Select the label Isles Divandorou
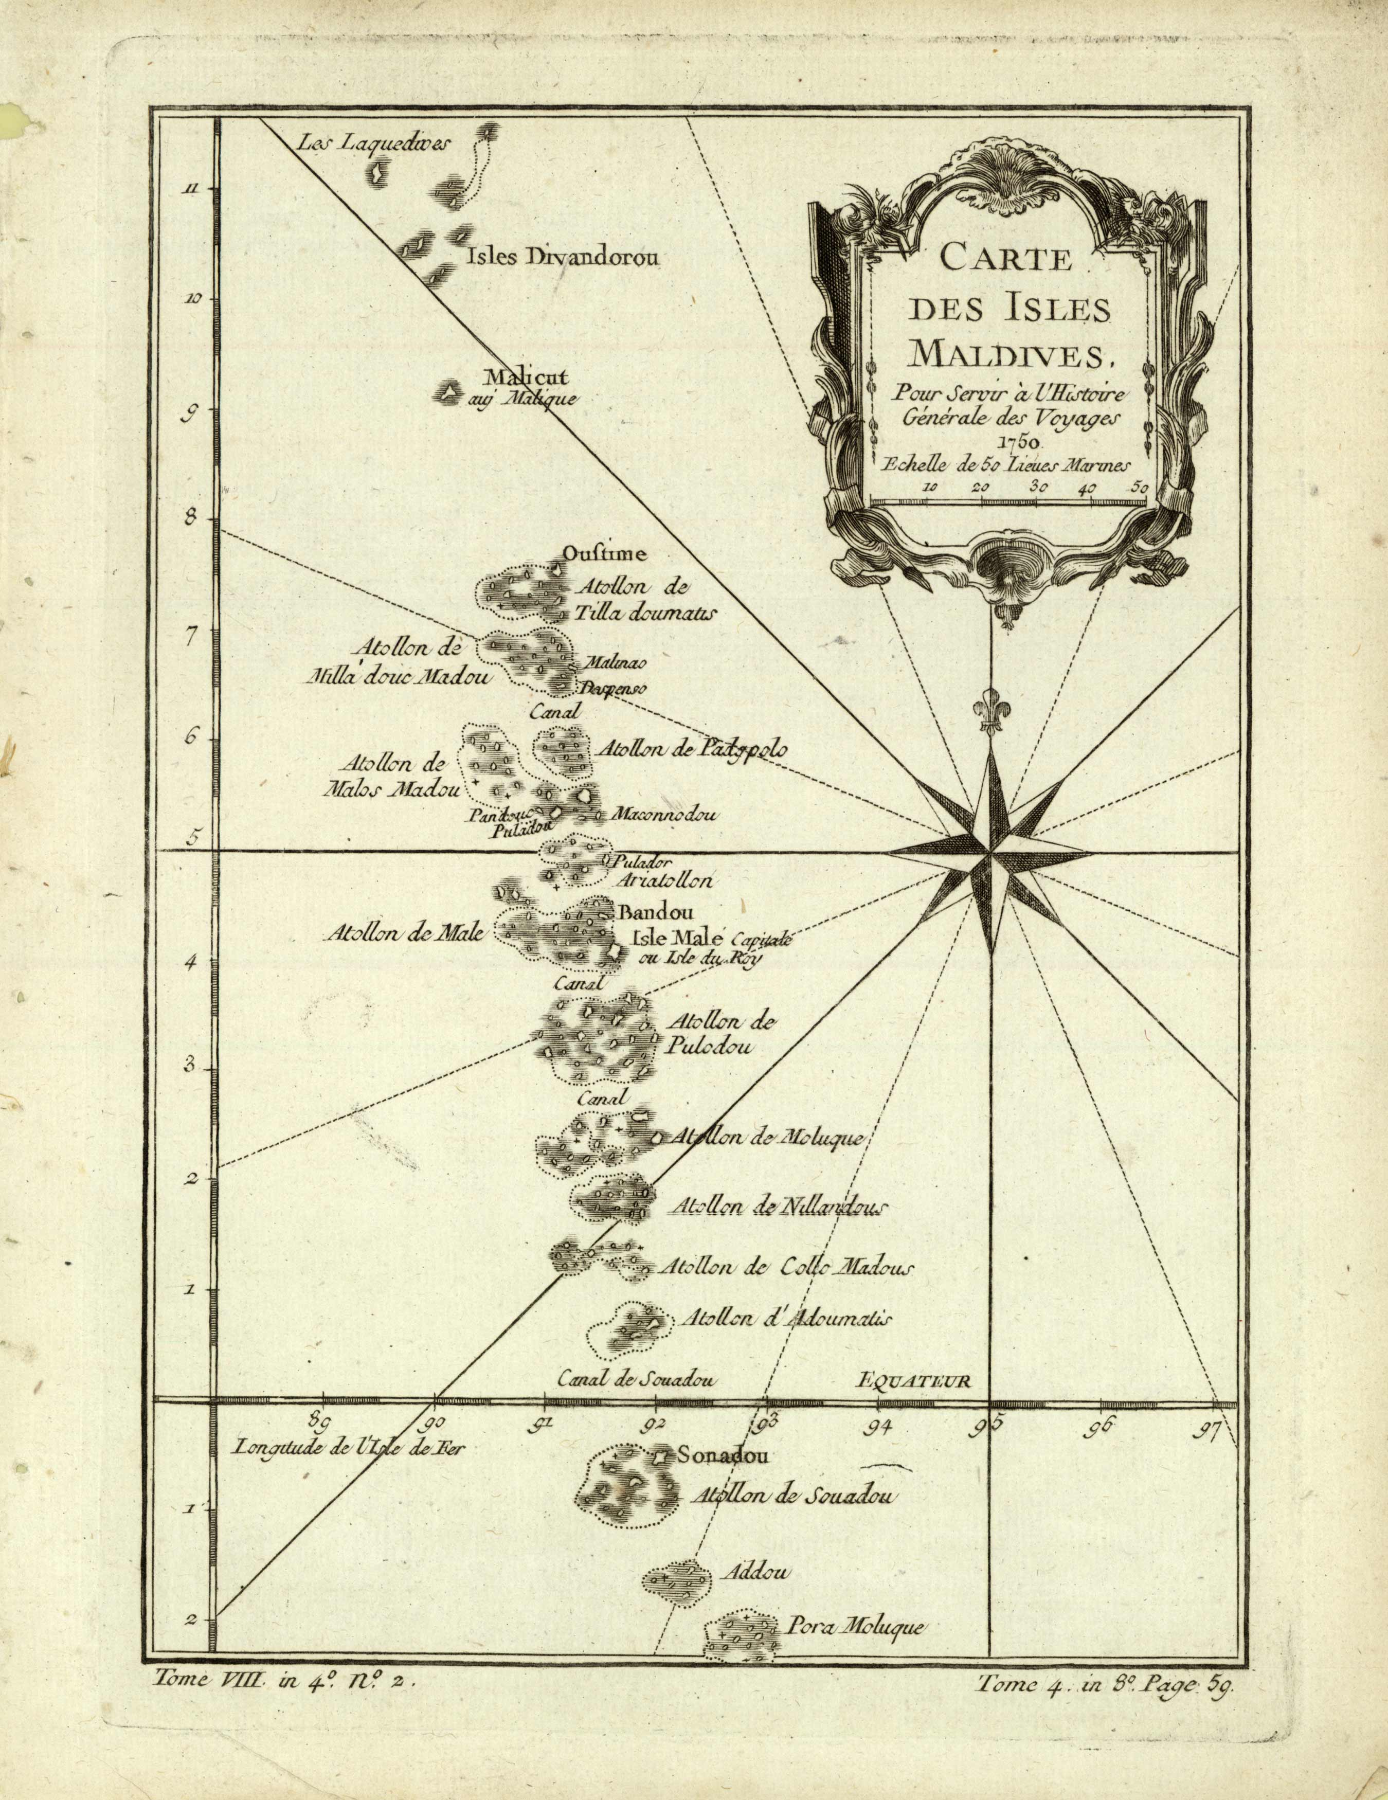564,258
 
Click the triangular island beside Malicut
449,393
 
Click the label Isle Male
677,938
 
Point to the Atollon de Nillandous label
779,1207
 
